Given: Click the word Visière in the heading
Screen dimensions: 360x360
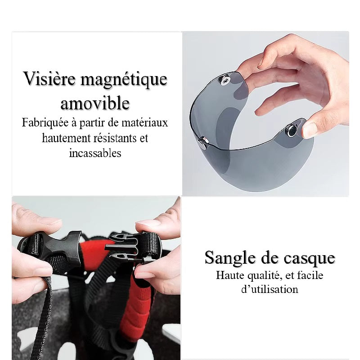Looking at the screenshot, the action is click(49, 78).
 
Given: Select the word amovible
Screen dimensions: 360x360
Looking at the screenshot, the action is click(95, 103).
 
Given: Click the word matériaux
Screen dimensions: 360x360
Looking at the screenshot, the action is click(144, 122).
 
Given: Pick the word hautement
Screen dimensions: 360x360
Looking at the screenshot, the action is click(66, 138).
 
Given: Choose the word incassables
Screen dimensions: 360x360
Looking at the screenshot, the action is click(95, 153).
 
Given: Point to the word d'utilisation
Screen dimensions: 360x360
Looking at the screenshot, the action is click(270, 289).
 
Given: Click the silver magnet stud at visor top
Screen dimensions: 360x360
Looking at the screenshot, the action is click(225, 81).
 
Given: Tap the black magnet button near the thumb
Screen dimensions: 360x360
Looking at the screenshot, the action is click(292, 130).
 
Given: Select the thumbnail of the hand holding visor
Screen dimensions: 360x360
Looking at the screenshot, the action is click(265, 114).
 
